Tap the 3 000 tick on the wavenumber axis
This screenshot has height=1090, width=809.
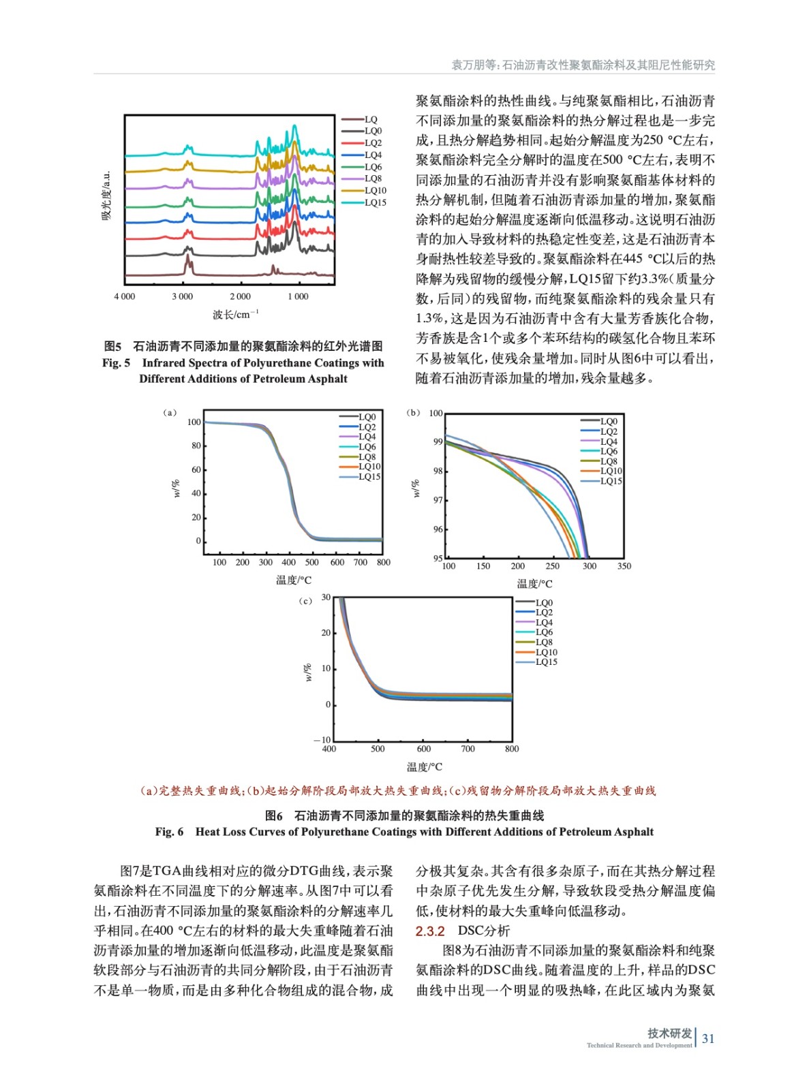(182, 296)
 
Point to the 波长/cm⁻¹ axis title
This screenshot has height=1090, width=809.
(236, 315)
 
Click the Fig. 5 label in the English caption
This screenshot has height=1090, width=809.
(116, 363)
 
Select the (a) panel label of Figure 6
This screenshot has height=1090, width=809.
(170, 413)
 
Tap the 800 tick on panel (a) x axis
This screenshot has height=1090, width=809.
(384, 563)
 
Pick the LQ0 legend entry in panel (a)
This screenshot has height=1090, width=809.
(367, 417)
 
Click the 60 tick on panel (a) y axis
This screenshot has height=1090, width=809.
(196, 469)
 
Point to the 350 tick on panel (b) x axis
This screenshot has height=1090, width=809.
(624, 566)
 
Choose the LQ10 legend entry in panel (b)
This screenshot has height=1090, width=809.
(611, 471)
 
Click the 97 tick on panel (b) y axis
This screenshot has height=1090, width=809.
(438, 501)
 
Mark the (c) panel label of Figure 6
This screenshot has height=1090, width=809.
(305, 601)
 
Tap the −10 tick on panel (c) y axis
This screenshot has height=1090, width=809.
(322, 740)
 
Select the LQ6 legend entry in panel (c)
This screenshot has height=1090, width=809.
(544, 632)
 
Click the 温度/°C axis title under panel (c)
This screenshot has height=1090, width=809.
(424, 767)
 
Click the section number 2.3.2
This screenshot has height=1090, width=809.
(430, 931)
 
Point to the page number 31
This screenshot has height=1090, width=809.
(708, 1039)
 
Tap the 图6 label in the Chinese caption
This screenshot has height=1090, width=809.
(273, 815)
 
